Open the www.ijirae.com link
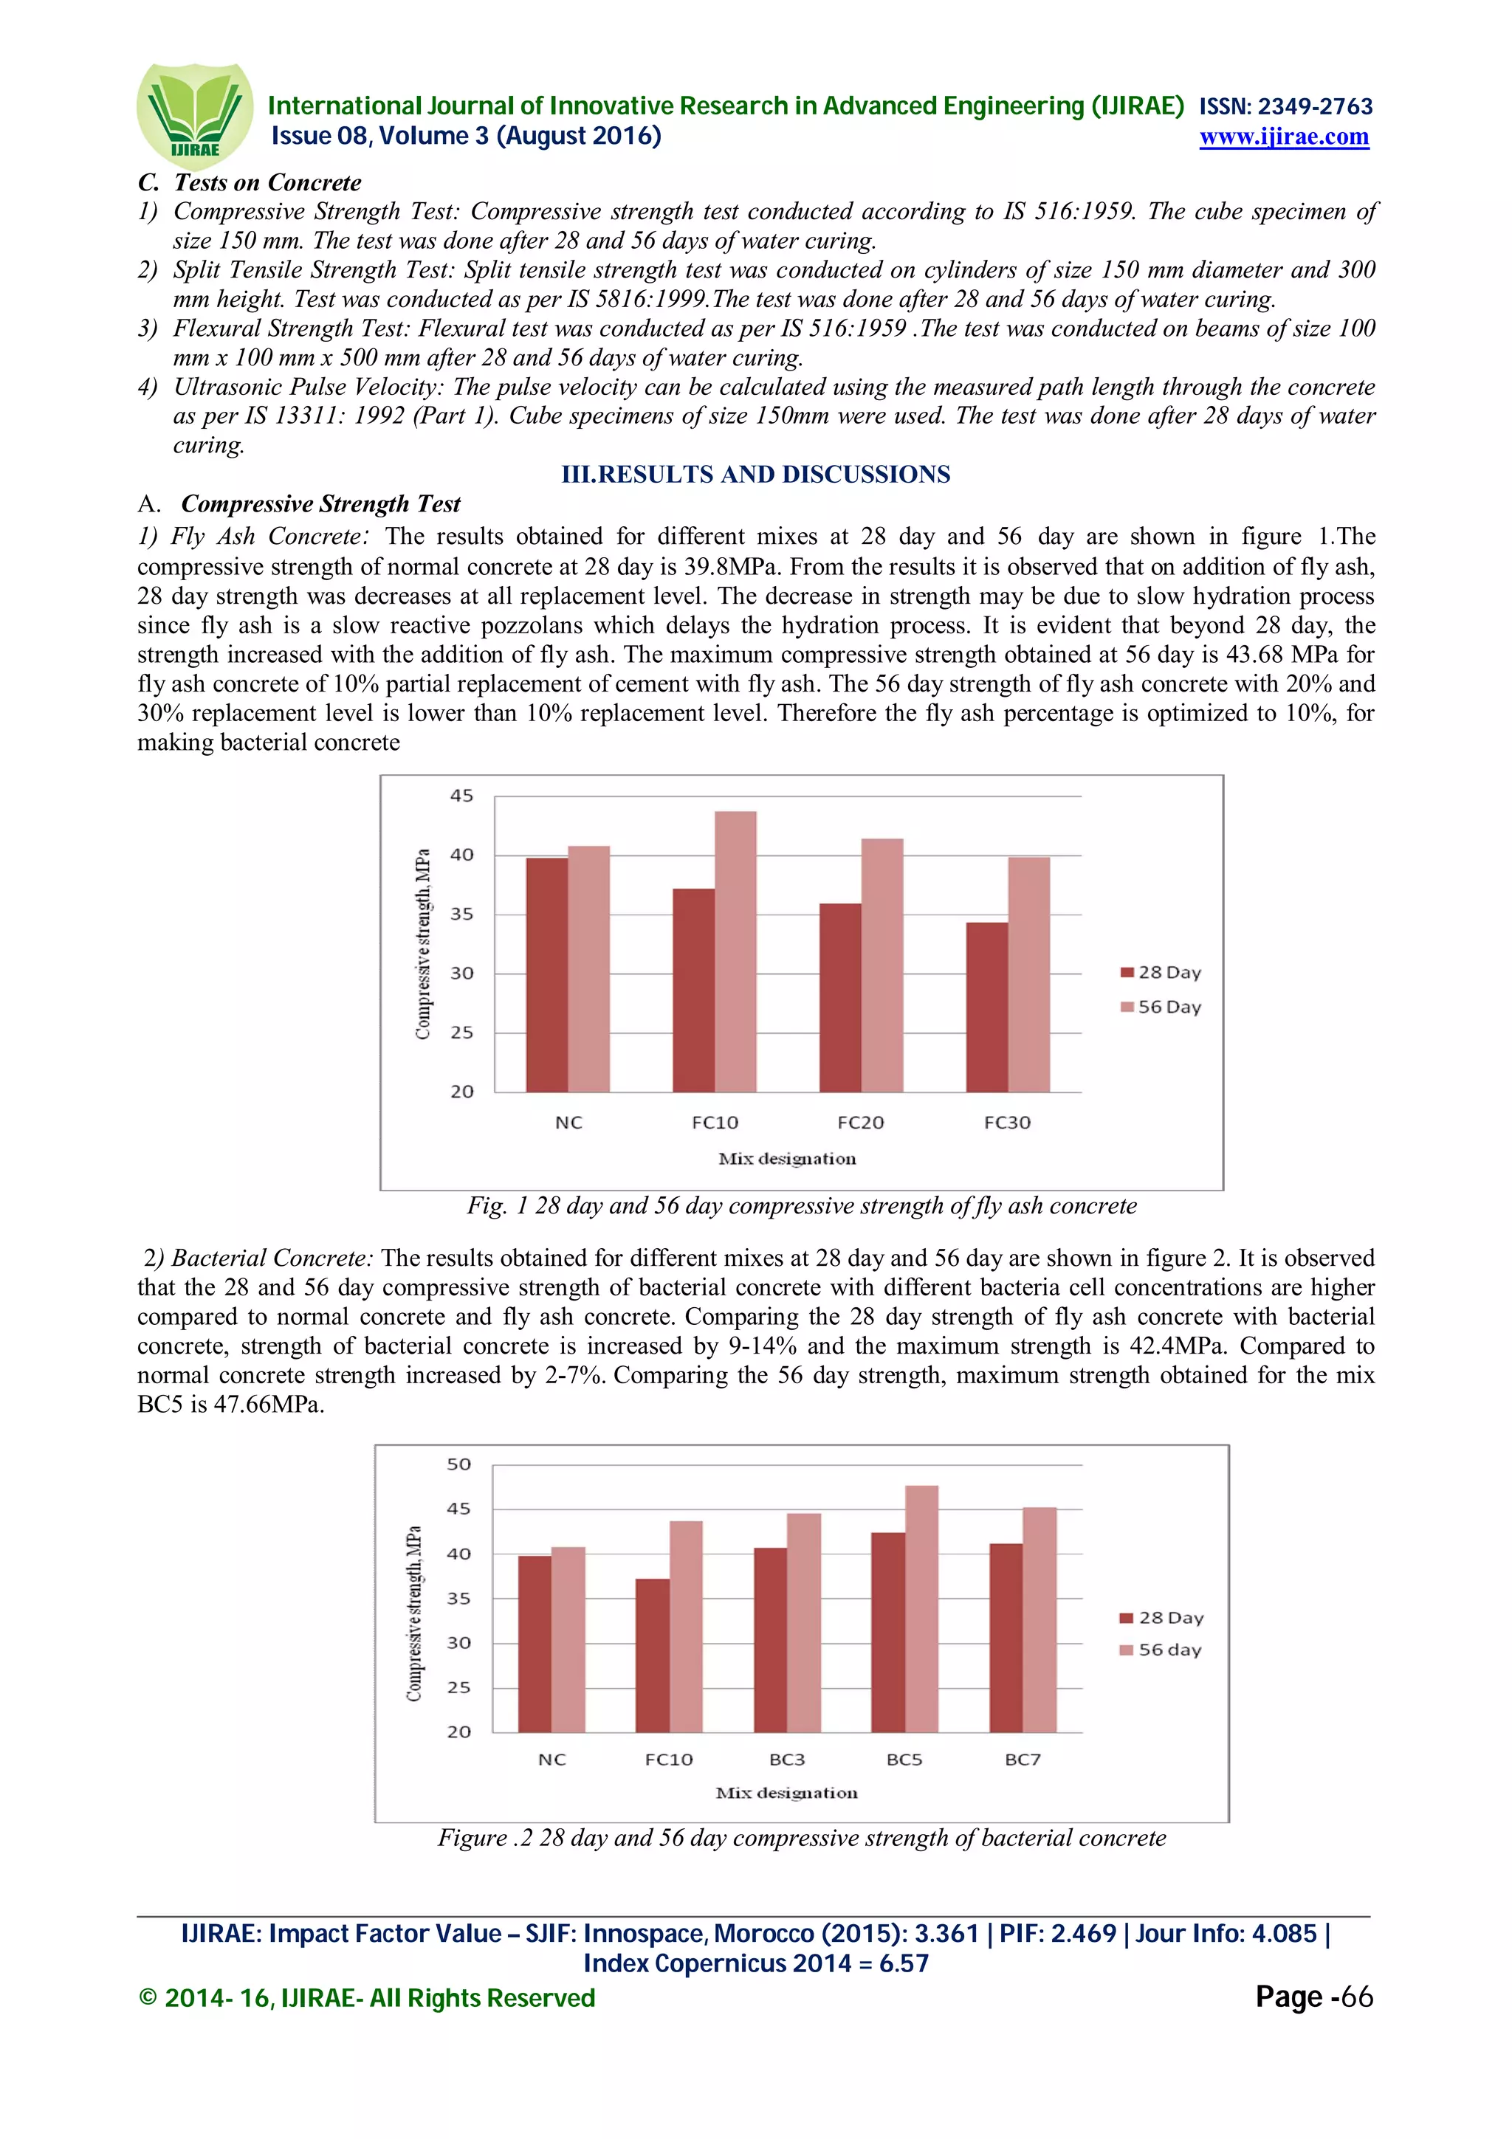coord(1283,137)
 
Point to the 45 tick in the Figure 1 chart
coord(461,796)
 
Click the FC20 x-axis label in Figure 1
coord(860,1123)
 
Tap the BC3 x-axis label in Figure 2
coord(786,1759)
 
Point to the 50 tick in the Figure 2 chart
coord(458,1464)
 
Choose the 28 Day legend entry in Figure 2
coord(1162,1617)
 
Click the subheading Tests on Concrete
coord(267,182)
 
